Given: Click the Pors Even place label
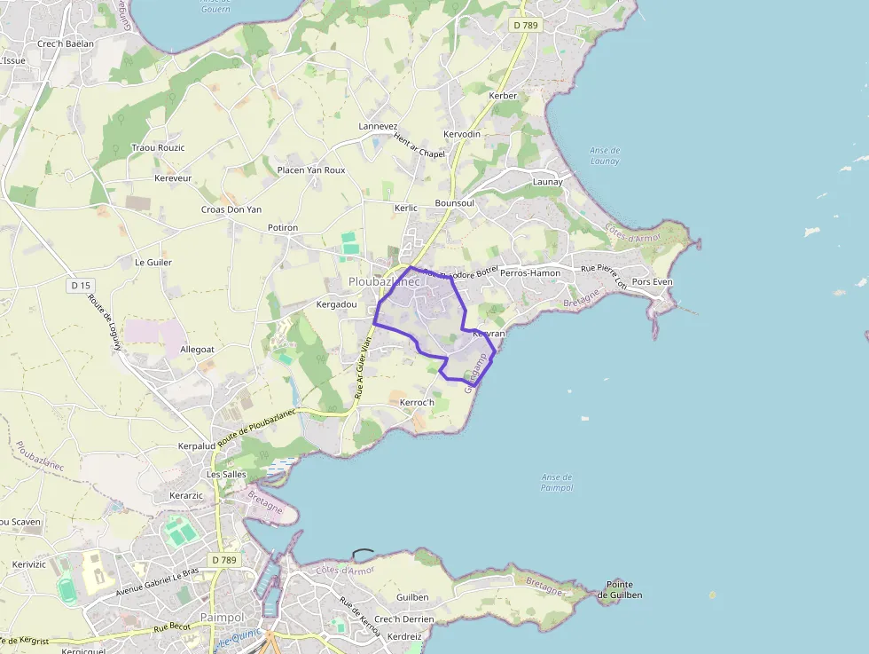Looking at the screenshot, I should (x=652, y=282).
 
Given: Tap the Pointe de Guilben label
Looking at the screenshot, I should (x=624, y=589).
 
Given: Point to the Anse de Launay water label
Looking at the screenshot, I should (x=605, y=155).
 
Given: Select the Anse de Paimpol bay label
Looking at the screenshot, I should (x=556, y=482).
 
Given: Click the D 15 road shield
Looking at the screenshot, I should (x=81, y=285).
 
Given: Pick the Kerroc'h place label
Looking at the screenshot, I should (x=417, y=403).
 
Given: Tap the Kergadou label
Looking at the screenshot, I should (x=336, y=304).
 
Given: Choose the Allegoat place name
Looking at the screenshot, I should (x=197, y=351).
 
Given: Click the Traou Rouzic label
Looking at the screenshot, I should (x=158, y=147).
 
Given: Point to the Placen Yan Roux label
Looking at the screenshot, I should (x=311, y=169).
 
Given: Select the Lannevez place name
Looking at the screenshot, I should (x=378, y=127).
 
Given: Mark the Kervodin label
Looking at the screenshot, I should (x=461, y=134).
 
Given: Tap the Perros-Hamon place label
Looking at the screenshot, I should (x=530, y=273).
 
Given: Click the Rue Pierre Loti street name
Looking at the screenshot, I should (x=604, y=268).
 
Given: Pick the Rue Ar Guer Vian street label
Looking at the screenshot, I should (x=364, y=366).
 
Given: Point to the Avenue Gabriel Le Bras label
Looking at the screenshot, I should (x=157, y=581).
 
